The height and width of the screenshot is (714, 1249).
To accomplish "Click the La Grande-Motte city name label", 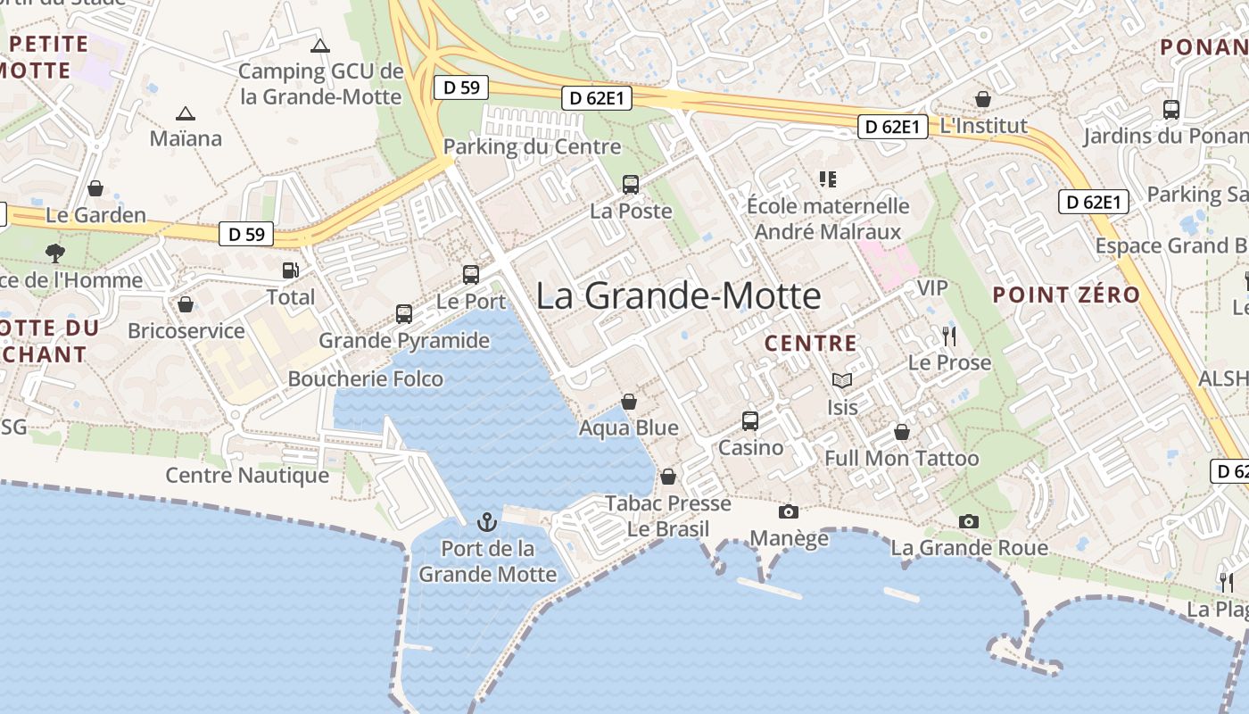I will [x=678, y=296].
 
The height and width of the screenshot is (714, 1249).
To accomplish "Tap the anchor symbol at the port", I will [x=487, y=521].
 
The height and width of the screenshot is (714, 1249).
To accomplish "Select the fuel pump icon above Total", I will [x=291, y=270].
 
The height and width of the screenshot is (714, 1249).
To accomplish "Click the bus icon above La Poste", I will [x=631, y=185].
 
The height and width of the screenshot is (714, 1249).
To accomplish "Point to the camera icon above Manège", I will [x=789, y=511].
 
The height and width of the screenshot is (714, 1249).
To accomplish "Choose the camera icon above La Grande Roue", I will [x=969, y=520].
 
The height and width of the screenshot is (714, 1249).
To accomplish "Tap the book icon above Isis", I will [x=842, y=380].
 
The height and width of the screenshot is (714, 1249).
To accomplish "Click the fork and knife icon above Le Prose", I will [x=949, y=336].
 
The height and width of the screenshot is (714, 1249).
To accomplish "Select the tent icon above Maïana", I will [x=186, y=113].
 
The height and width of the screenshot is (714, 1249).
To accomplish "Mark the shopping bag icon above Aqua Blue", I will [x=629, y=402].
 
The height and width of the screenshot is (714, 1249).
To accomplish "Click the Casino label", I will [x=751, y=447].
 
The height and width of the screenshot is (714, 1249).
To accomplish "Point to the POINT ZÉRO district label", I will [x=1066, y=295].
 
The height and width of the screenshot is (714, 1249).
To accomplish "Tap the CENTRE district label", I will [x=811, y=344].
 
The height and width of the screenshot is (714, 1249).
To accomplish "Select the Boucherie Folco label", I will [x=365, y=379].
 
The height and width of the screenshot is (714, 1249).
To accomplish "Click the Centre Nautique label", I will [x=247, y=476].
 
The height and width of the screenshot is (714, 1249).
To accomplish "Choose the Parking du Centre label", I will [x=532, y=147].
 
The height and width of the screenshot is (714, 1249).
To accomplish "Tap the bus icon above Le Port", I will [x=471, y=275].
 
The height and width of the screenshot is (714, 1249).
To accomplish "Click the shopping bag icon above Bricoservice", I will [x=186, y=305].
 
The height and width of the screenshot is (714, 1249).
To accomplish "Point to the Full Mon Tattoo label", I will [x=901, y=459].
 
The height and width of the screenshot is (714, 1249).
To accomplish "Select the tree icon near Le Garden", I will [x=55, y=253].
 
